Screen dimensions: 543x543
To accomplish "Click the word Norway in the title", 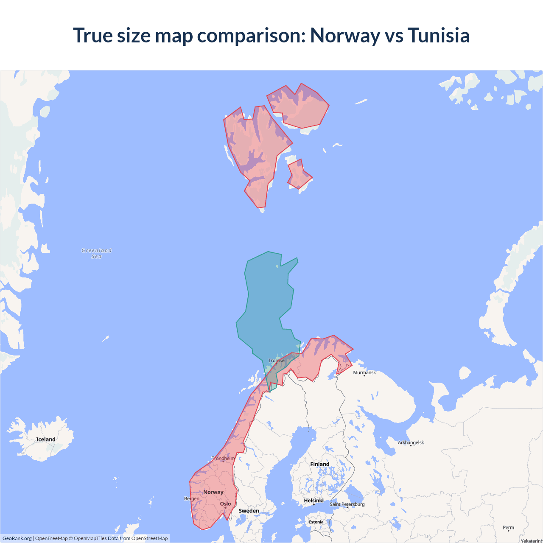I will [x=345, y=35].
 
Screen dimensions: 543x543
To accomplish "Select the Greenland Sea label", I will [x=97, y=253].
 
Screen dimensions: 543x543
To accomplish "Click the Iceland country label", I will [x=46, y=439].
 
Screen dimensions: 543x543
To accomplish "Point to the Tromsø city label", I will [x=277, y=361].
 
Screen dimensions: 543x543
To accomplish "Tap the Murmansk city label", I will [x=364, y=372].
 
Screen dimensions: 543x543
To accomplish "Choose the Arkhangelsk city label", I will [x=411, y=442].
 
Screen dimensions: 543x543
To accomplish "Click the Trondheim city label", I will [x=223, y=458].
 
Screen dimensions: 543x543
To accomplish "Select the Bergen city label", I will [x=192, y=498].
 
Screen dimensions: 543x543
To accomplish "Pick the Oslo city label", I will [x=225, y=504].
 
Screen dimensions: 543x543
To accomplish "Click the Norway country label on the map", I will [x=213, y=492].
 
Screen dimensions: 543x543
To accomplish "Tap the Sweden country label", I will [x=249, y=511].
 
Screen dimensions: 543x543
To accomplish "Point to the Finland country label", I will [x=319, y=464].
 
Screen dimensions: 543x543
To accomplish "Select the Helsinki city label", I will [x=313, y=501].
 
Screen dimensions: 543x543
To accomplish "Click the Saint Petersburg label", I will [x=347, y=504].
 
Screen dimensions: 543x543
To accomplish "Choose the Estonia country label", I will [x=316, y=522].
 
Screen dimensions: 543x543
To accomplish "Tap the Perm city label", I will [x=508, y=528].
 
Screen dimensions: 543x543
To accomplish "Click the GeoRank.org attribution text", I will [x=17, y=538].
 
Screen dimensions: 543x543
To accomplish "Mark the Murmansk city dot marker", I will [x=364, y=376].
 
